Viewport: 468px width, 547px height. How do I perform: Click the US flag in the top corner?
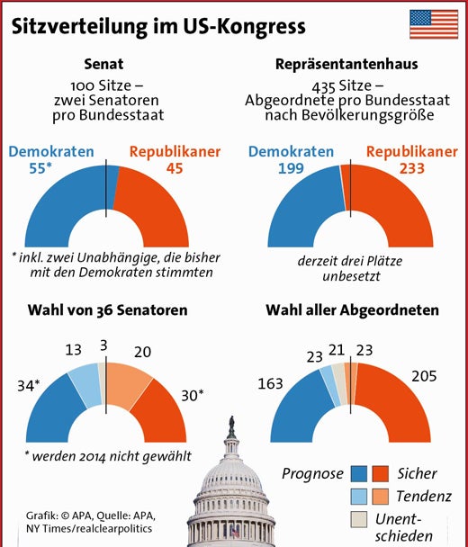[x=433, y=24]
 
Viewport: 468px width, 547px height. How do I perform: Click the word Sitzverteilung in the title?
[x=73, y=27]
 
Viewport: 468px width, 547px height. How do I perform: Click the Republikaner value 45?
[x=175, y=168]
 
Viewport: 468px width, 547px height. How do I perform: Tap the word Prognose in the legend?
[x=313, y=472]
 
